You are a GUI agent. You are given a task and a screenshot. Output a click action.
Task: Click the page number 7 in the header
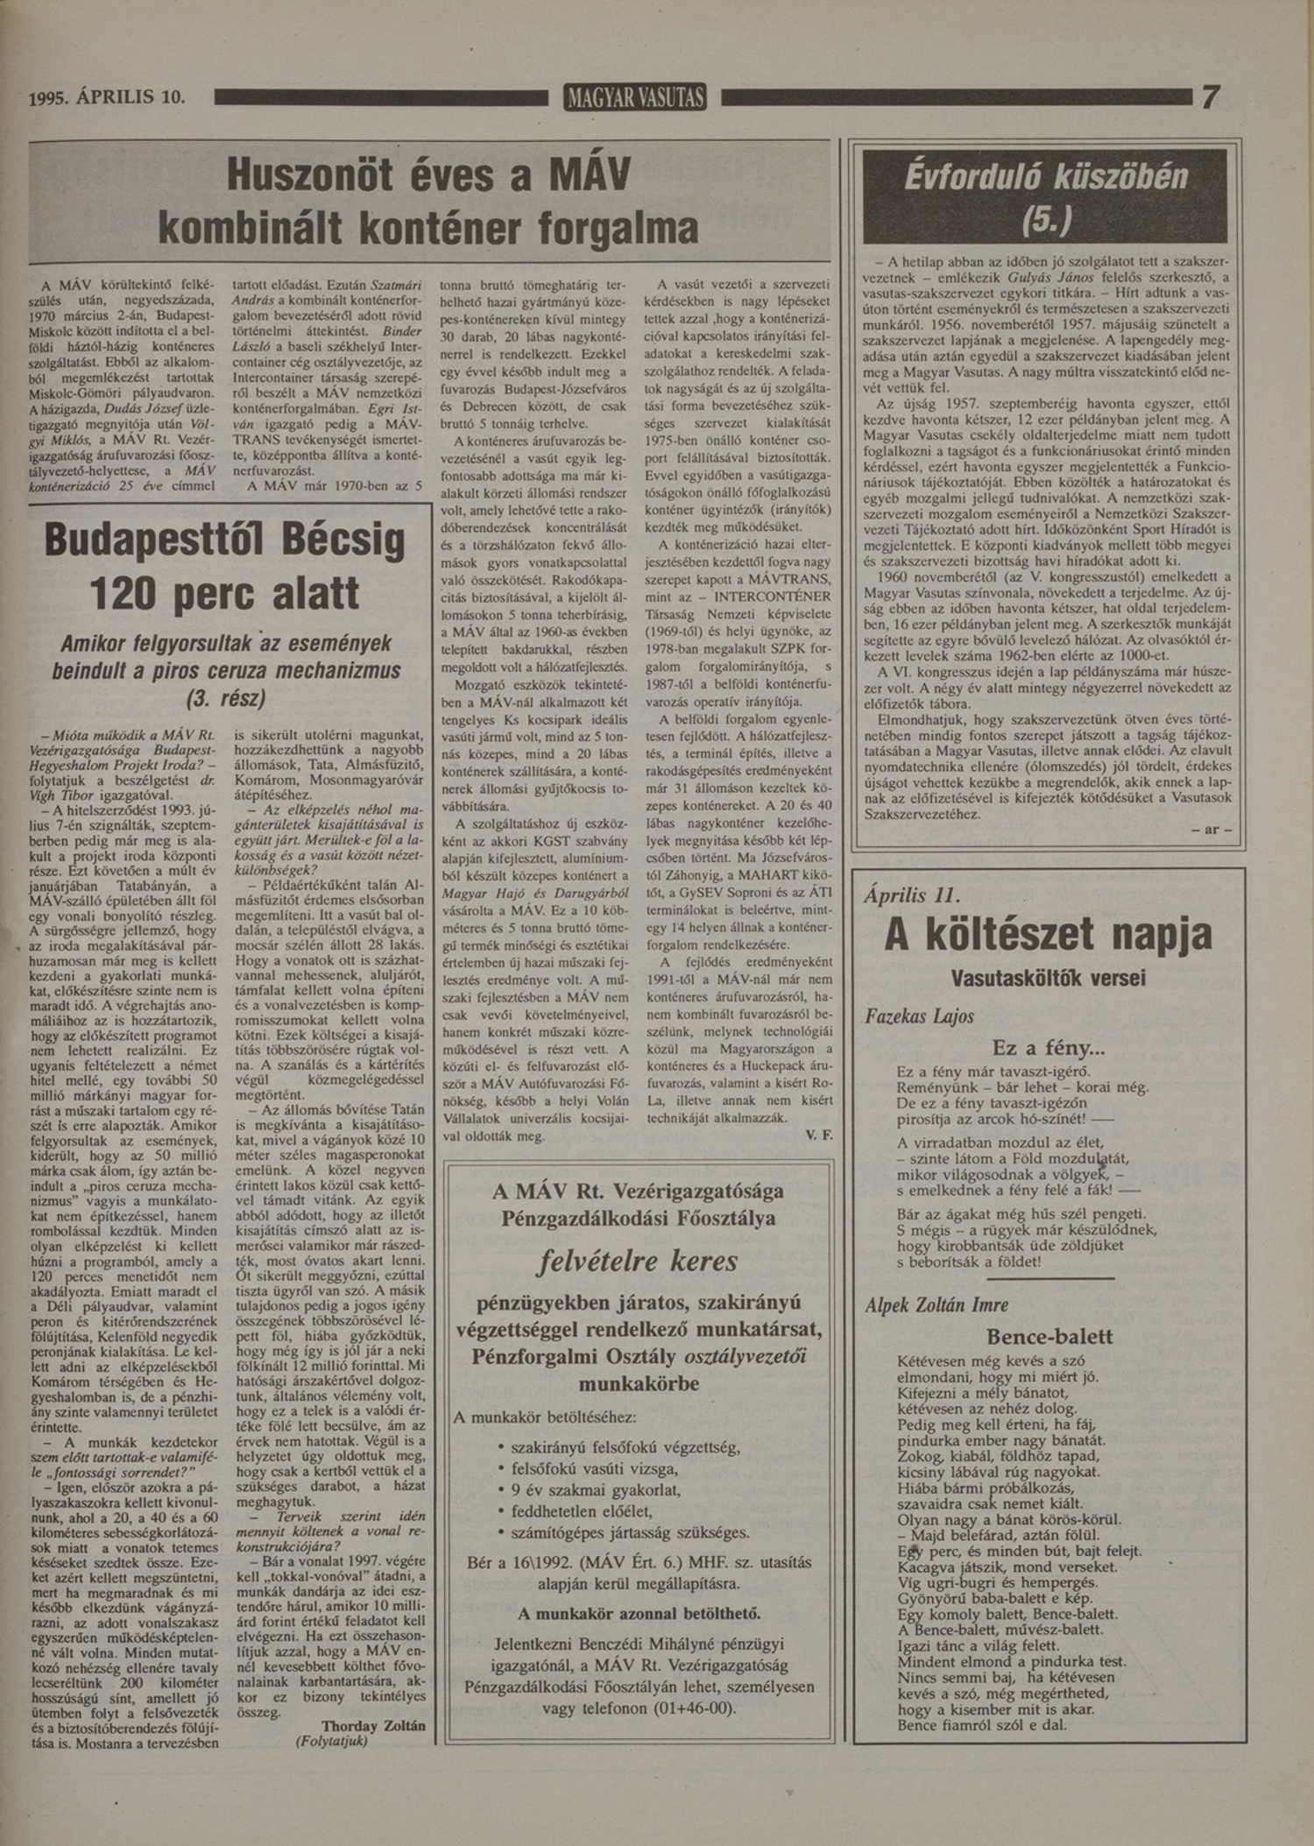coord(1210,96)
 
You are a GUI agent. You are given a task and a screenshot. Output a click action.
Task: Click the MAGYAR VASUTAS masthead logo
coord(636,98)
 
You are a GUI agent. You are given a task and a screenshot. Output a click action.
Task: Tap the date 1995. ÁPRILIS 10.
coord(108,97)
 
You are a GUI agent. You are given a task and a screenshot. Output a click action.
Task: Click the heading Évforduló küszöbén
coord(1045,178)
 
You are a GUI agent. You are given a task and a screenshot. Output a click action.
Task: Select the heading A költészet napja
coord(1048,935)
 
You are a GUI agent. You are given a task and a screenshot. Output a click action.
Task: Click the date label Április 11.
coord(911,895)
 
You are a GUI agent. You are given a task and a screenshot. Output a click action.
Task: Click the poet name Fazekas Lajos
coord(919,1016)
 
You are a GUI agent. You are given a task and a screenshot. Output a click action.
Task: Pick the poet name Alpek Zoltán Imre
coord(936,1305)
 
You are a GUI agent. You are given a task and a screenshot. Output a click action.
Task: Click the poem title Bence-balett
coord(1049,1337)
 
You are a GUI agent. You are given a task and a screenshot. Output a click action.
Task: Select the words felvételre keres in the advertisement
coord(638,1261)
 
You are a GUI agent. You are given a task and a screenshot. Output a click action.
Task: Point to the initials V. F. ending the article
coord(818,1135)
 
